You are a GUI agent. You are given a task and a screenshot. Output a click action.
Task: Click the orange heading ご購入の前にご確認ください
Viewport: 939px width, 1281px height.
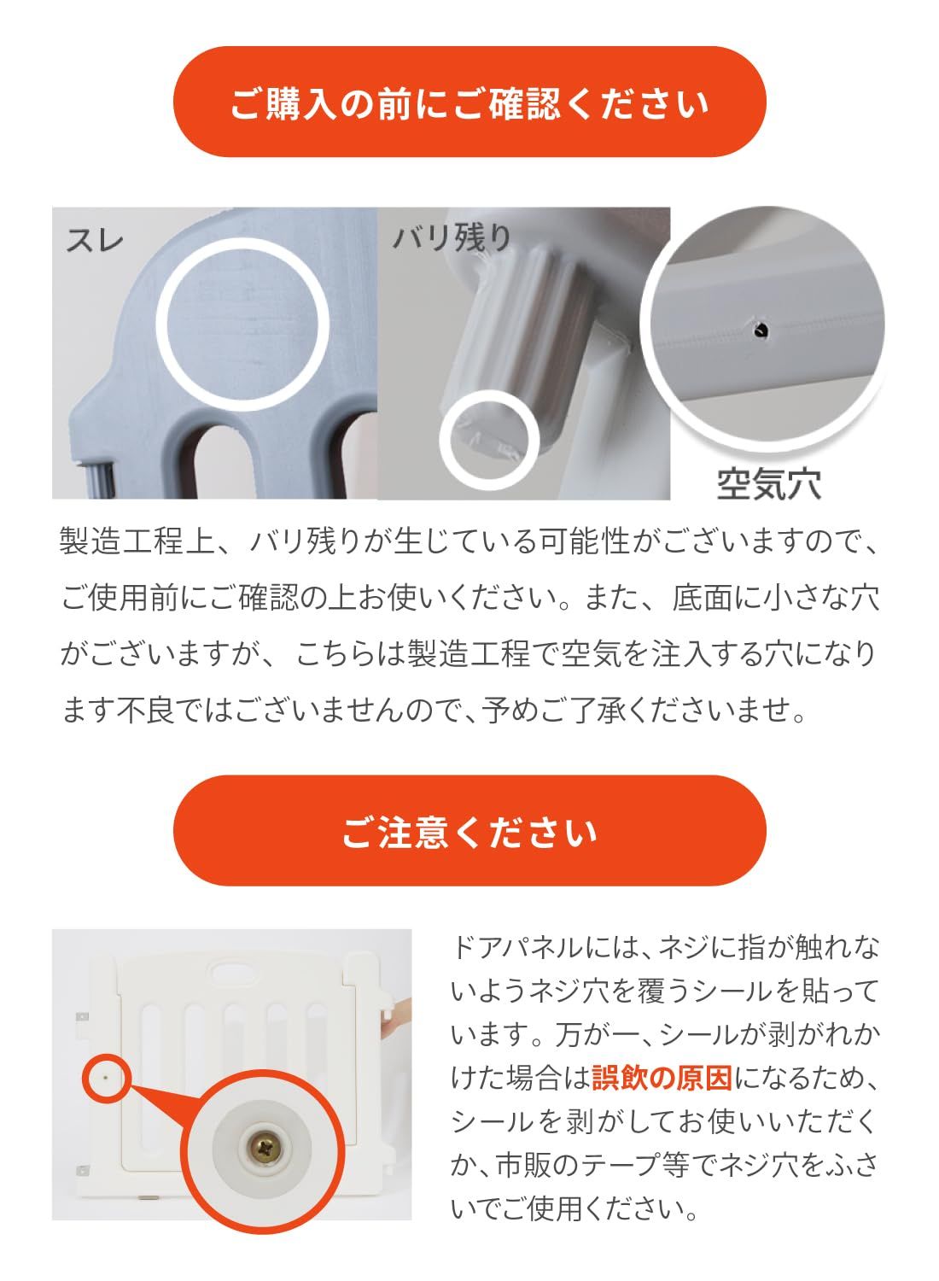point(469,102)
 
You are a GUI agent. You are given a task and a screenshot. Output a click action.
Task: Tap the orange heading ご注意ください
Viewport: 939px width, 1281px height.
point(469,831)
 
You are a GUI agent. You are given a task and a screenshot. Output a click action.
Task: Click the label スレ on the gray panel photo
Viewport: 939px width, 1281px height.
point(95,239)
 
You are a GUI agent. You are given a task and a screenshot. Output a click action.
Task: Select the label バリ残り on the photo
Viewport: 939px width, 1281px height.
point(451,237)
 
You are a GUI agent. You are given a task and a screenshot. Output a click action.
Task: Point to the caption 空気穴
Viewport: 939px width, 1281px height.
point(768,483)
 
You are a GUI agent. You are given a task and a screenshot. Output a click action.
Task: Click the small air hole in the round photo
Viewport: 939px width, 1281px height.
point(757,326)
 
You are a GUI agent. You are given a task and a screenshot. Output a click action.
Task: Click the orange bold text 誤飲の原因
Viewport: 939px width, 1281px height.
point(662,1079)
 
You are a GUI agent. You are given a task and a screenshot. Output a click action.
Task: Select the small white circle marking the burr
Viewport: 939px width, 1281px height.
point(489,436)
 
